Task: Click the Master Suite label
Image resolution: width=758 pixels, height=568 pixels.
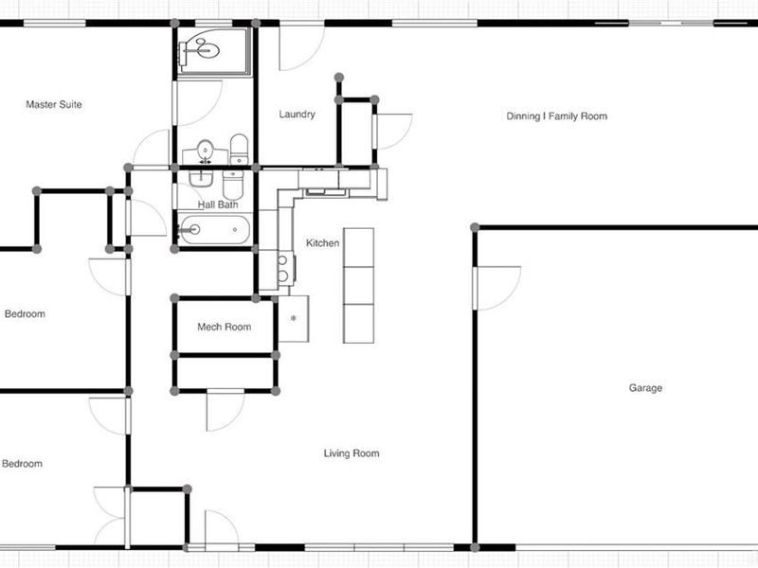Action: point(54,104)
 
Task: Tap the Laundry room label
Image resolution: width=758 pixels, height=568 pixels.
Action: point(297,114)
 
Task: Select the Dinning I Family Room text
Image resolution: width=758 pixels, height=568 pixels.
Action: point(556,115)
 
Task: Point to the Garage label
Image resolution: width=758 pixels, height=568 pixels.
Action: point(645,388)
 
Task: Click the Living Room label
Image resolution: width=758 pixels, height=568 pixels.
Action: point(352,453)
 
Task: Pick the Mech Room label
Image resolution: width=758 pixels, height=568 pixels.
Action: point(224,327)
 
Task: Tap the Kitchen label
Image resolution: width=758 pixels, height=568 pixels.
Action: point(322,243)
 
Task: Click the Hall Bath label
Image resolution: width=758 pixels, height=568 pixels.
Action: point(218,204)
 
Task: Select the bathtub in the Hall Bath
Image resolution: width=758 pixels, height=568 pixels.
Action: point(214,229)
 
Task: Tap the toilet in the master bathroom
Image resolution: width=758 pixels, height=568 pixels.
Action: point(239,150)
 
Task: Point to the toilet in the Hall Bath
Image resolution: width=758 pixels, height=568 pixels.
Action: point(233,185)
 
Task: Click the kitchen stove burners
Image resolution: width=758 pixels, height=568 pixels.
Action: point(283,269)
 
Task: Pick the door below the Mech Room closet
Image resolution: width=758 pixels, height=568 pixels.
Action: point(226,410)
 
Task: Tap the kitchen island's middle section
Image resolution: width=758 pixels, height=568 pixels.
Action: point(358,286)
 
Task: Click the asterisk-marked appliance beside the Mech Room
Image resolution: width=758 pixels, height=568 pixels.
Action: point(294,319)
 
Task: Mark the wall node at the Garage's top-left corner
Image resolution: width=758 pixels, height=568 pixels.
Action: point(475,227)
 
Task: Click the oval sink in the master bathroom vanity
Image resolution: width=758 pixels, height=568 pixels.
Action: point(206,149)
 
